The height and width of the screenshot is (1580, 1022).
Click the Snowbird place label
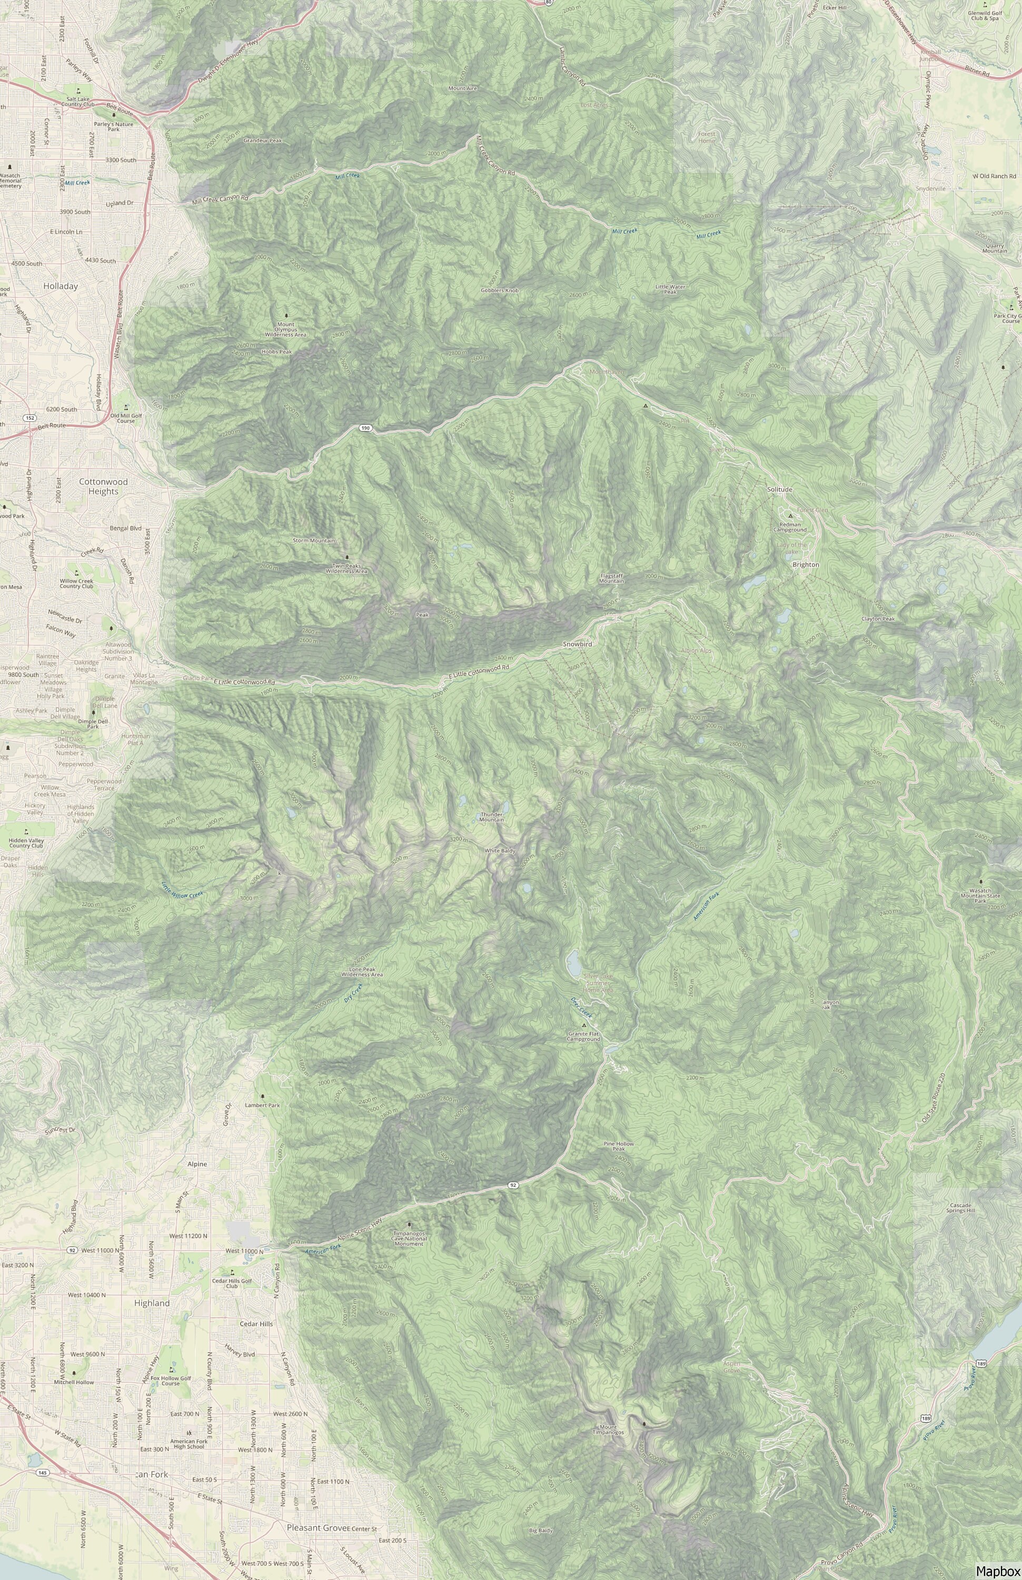577,645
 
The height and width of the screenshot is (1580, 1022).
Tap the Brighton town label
806,564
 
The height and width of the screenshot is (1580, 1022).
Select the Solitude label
780,489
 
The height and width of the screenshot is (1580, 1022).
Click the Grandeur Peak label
263,141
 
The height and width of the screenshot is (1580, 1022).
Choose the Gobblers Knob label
500,291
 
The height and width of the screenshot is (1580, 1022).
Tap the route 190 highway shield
365,428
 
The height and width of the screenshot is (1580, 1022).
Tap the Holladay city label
61,286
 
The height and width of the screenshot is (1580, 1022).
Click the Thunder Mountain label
492,816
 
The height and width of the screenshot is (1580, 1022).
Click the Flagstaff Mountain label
612,578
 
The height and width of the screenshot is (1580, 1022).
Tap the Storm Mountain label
314,540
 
